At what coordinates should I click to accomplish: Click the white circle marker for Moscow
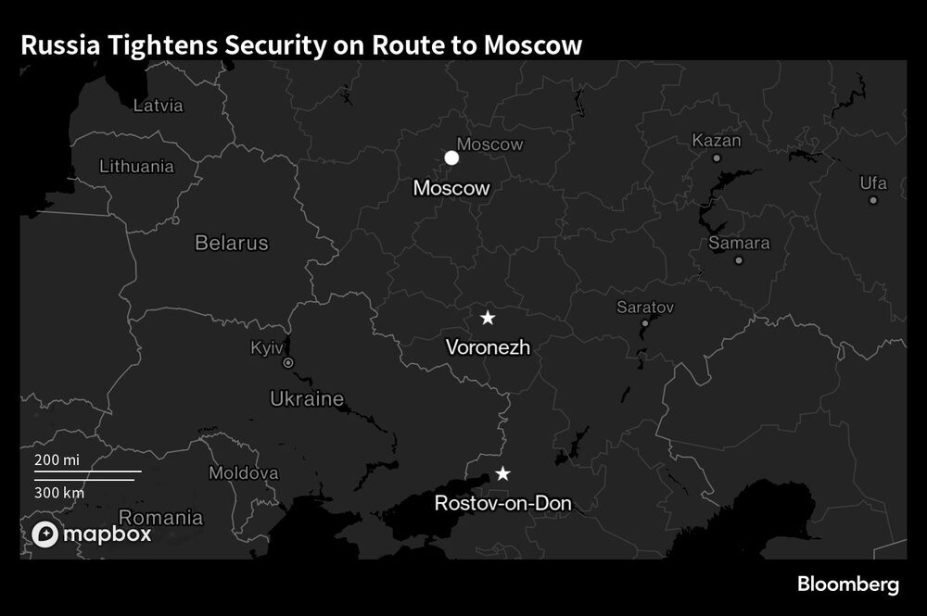451,157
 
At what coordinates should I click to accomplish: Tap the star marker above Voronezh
488,318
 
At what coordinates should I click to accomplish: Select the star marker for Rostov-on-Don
502,473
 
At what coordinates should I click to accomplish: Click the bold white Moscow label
451,188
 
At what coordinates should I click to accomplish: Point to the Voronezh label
488,348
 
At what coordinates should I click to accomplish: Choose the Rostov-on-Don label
502,505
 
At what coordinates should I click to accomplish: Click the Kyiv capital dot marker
288,363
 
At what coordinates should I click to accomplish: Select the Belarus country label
231,243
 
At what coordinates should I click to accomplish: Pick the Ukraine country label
306,399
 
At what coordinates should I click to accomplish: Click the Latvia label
159,106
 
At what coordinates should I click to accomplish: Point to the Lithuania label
136,167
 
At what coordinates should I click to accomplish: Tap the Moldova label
243,472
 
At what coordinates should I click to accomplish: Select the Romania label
160,518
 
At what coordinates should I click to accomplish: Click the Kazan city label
717,141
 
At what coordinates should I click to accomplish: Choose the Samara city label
739,243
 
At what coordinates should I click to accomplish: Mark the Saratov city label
645,307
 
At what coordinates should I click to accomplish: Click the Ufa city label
873,183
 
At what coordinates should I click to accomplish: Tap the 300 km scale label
59,492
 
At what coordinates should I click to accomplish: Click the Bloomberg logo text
848,585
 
